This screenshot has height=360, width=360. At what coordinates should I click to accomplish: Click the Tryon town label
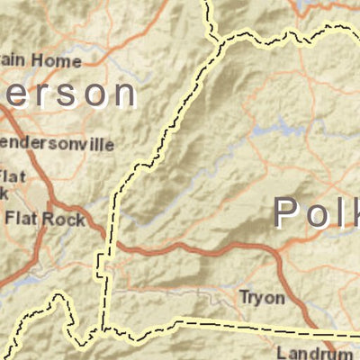tap(262, 297)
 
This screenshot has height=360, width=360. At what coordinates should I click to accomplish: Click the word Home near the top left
tap(61, 61)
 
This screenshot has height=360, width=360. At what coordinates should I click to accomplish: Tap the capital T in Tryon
tap(244, 297)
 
